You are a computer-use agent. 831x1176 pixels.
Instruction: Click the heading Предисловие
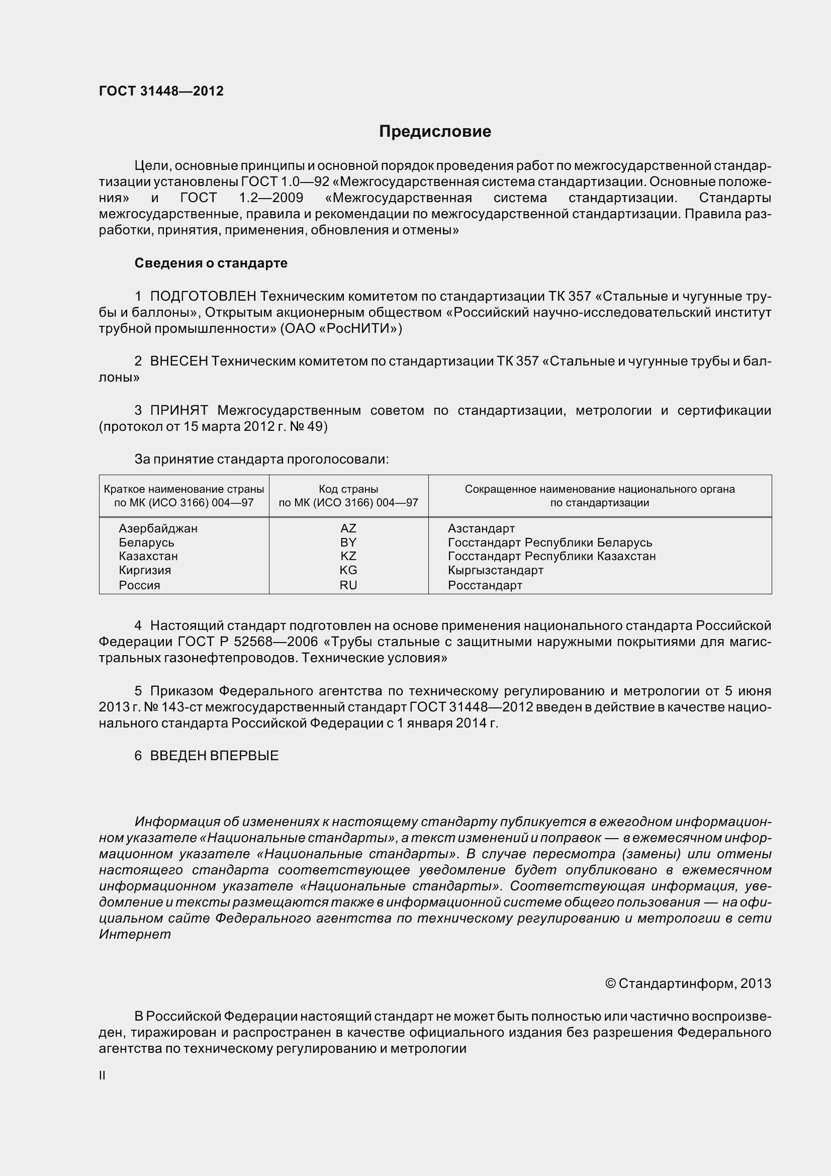[435, 132]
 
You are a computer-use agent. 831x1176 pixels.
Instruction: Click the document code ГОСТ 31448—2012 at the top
[161, 91]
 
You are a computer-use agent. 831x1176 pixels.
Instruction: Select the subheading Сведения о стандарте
[211, 263]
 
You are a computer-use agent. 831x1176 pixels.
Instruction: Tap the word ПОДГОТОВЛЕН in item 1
[203, 296]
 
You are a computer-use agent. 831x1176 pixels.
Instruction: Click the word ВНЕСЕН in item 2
[178, 361]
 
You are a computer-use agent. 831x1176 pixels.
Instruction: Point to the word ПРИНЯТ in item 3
[178, 410]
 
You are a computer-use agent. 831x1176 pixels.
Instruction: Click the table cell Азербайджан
[158, 528]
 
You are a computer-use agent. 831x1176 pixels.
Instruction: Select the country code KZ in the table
[348, 556]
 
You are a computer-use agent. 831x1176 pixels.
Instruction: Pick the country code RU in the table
[348, 585]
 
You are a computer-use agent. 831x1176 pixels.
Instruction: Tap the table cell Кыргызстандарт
[495, 571]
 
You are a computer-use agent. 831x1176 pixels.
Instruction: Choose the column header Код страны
[348, 489]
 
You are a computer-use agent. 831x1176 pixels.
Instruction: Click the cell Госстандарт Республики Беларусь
[549, 542]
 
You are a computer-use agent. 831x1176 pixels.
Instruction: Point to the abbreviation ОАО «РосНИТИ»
[341, 328]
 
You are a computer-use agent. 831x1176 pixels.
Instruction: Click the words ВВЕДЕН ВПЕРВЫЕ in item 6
[214, 756]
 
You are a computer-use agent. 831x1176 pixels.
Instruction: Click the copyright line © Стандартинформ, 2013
[688, 983]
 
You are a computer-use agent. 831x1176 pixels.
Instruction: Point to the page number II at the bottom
[103, 1075]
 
